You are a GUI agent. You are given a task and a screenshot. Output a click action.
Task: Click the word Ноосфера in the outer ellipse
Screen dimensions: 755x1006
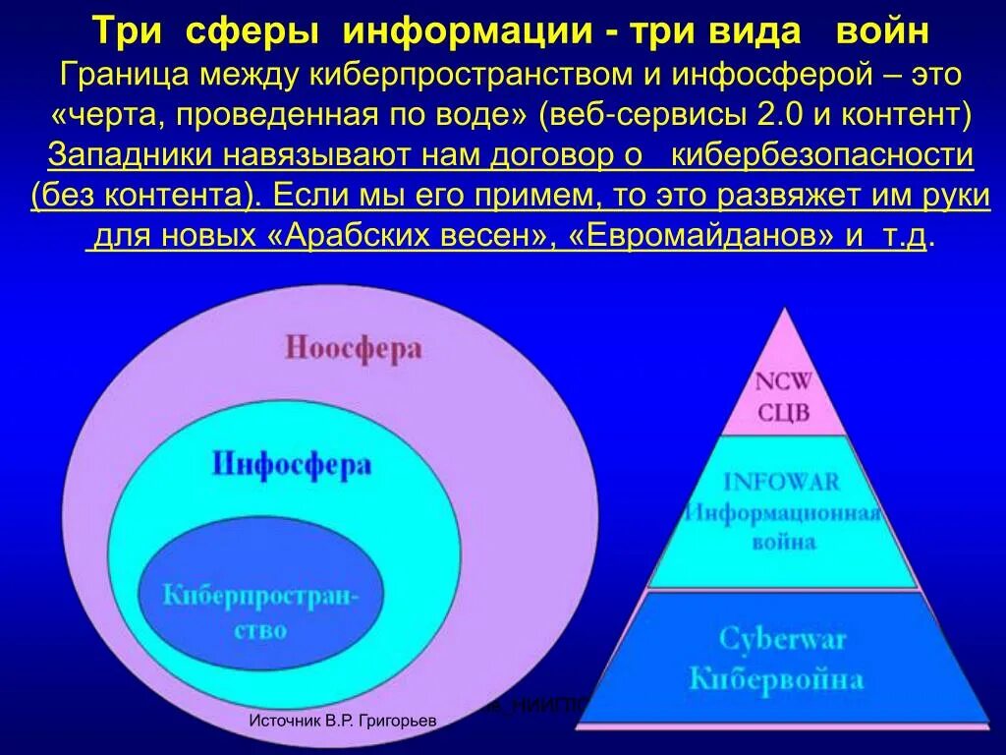(355, 348)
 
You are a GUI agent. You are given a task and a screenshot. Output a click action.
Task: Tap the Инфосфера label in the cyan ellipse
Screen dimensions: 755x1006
(292, 463)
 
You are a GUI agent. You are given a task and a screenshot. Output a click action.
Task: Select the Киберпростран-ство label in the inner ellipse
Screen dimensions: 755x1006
(260, 610)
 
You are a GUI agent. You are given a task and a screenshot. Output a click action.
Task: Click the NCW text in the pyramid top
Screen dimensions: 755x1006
(783, 381)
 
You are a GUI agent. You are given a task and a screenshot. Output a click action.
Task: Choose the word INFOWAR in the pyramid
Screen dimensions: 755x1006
(783, 482)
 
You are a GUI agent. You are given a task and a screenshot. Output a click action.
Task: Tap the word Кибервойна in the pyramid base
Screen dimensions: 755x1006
(776, 677)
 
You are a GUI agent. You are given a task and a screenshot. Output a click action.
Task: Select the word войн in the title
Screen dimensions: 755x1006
(882, 30)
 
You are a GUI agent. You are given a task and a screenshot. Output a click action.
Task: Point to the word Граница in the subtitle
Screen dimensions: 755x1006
(123, 73)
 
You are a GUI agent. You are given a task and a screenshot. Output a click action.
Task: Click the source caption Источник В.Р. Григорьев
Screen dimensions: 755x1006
(343, 722)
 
